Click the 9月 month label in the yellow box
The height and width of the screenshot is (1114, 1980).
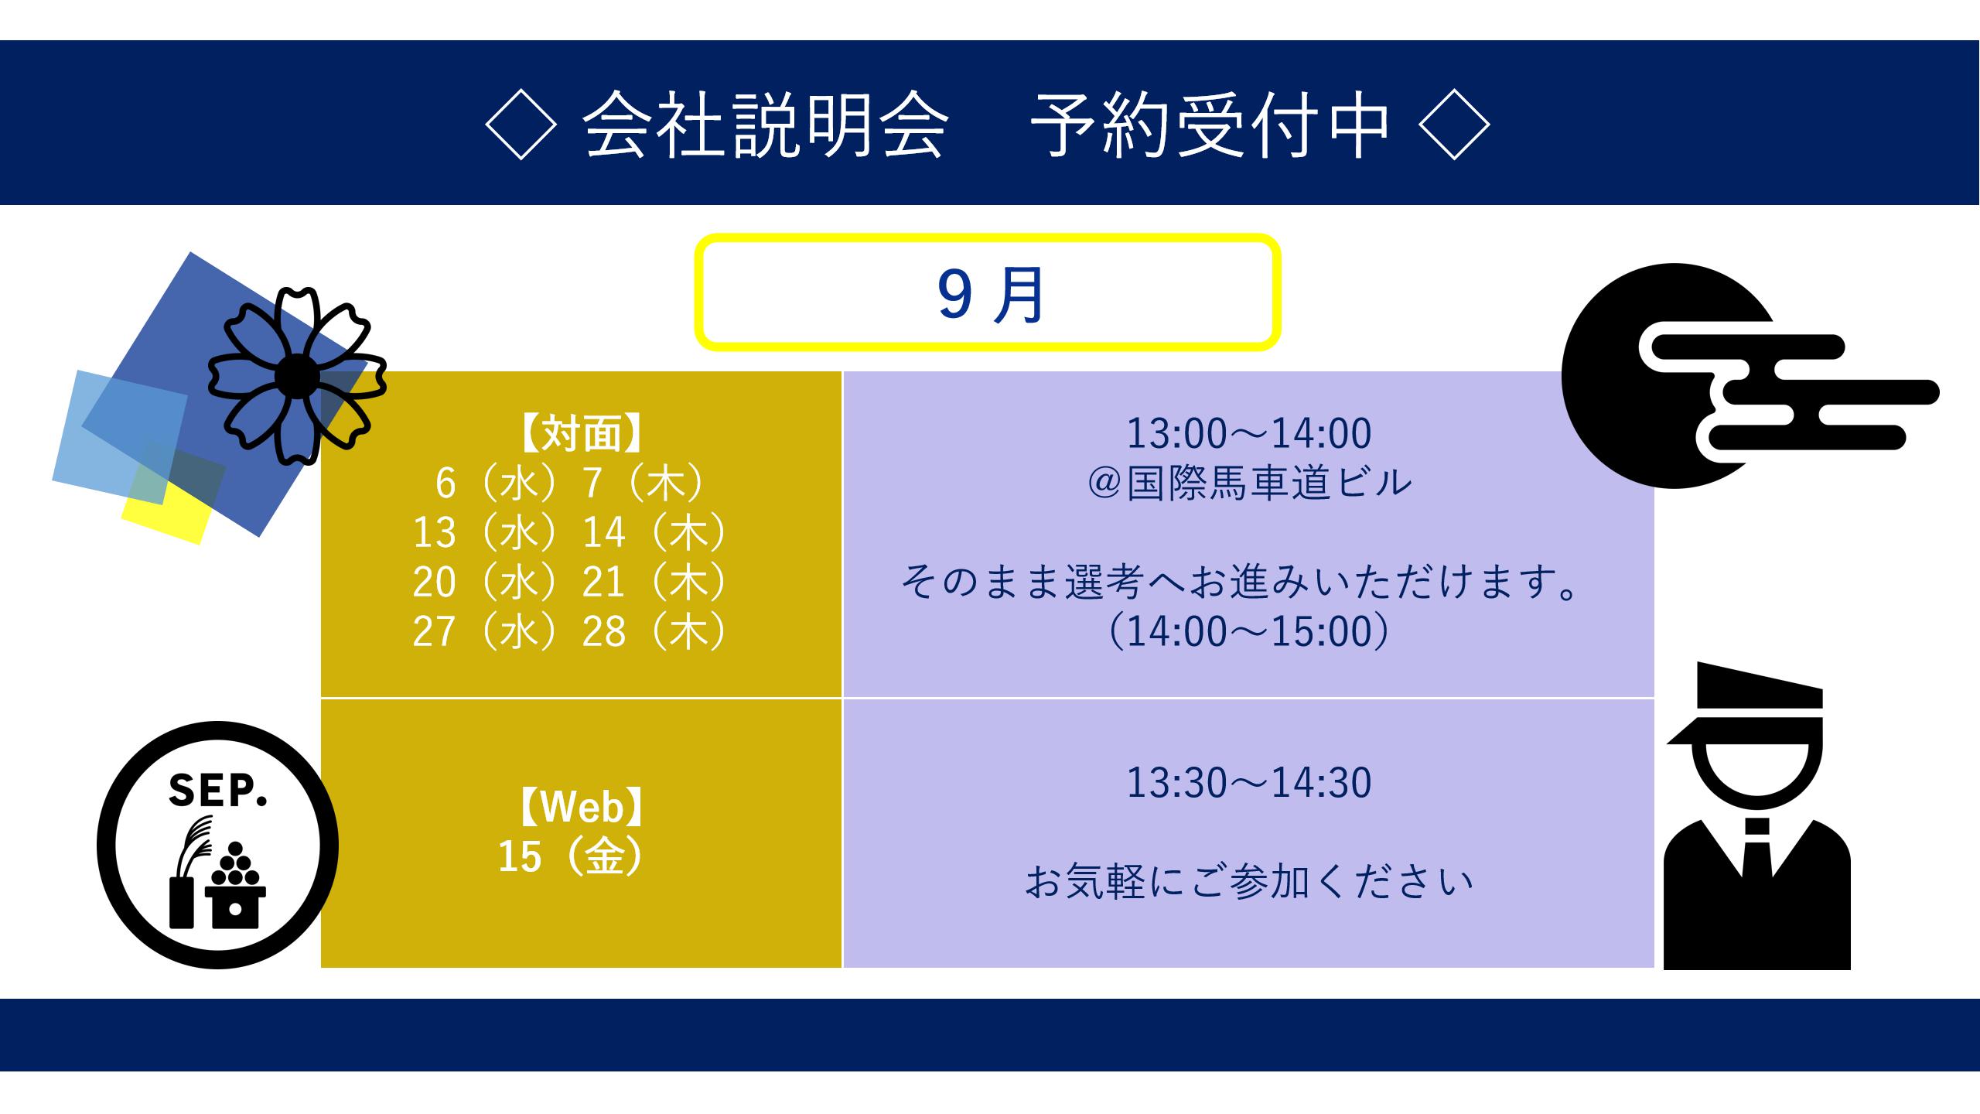990,296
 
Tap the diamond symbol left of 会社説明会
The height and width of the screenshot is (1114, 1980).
521,124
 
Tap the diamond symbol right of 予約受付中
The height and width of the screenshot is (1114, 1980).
1455,124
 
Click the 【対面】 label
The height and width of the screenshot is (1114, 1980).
581,433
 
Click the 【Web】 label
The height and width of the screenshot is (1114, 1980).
581,807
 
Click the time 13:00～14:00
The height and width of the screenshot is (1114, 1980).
1248,433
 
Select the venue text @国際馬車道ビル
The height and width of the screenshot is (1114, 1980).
1249,484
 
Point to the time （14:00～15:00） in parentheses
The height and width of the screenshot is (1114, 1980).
1248,632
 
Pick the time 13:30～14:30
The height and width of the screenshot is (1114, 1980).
1248,782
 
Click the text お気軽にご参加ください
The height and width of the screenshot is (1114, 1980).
1248,882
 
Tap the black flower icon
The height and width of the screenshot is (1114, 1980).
297,376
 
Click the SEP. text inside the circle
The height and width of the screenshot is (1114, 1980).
217,790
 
